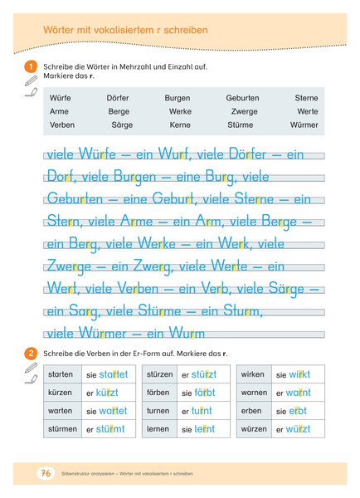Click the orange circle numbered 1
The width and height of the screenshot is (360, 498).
pos(32,66)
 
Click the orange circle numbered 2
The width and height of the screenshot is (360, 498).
pos(32,353)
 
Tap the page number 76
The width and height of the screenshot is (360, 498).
pos(45,473)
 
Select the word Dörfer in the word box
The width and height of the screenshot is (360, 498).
pos(118,98)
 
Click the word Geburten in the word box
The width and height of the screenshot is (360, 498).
pos(242,98)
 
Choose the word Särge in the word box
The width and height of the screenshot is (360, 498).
pos(122,124)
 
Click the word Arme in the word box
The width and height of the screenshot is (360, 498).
pos(60,111)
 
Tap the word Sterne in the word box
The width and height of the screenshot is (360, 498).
pos(306,98)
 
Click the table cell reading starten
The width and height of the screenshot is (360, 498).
pos(62,374)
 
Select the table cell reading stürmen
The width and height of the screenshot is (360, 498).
pos(63,429)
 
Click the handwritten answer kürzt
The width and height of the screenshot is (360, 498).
pos(107,393)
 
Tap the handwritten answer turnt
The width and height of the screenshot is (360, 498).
pos(202,411)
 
